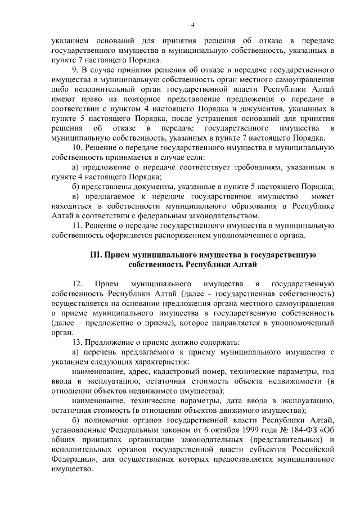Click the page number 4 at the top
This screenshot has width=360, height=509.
point(192,25)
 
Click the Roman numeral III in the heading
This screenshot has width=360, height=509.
point(96,254)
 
